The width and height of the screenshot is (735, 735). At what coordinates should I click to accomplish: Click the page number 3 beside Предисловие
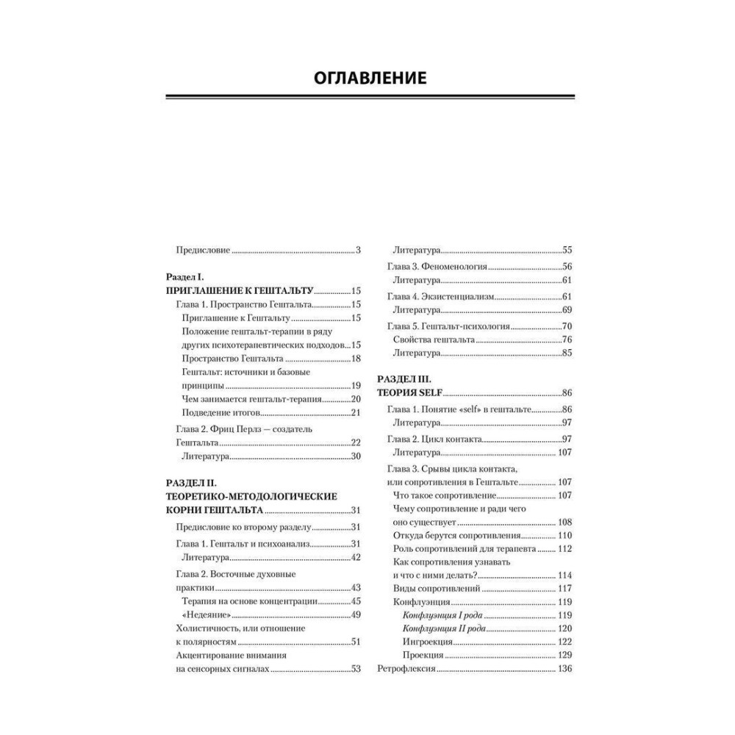coord(358,251)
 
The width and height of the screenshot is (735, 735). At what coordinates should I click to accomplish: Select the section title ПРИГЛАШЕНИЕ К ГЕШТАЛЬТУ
coord(240,290)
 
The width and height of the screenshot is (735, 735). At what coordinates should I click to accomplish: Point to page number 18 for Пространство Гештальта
coord(355,358)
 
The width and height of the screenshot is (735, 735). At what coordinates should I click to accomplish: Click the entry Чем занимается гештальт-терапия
coord(251,398)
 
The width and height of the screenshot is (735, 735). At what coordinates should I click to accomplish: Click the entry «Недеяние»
coord(204,614)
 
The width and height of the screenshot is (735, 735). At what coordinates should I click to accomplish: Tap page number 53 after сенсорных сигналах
coord(355,669)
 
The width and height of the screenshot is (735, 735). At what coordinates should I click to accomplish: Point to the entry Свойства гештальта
coord(434,339)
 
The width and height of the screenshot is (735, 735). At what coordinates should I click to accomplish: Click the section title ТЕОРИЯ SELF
coord(409,393)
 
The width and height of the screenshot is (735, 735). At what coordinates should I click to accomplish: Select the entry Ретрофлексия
coord(406,669)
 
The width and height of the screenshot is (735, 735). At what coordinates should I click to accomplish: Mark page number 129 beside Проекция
coord(564,655)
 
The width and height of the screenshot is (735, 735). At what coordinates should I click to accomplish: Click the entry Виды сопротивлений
coord(437,589)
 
